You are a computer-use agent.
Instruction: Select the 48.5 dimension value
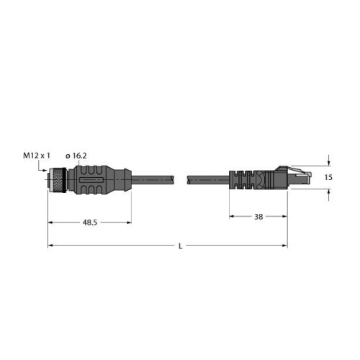pos(89,222)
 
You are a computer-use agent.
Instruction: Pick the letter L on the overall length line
pos(180,247)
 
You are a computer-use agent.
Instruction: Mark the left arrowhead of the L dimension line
pos(51,246)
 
